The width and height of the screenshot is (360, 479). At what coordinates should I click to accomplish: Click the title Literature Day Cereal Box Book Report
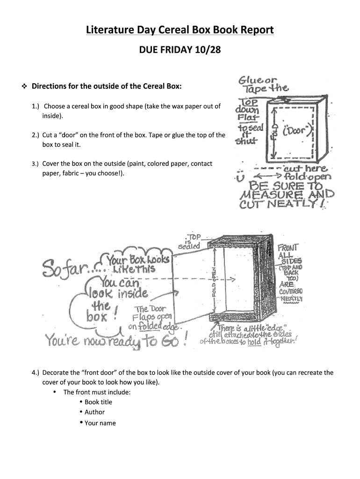(x=180, y=30)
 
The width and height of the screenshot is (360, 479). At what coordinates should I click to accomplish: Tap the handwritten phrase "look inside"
(x=118, y=294)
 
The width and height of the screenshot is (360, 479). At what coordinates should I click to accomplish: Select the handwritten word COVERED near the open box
(x=290, y=291)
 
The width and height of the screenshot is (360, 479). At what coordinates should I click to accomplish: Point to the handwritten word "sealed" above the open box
(x=189, y=246)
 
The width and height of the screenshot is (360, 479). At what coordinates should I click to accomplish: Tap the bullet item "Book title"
(x=98, y=402)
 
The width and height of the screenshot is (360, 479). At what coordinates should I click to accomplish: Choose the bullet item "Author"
(x=94, y=412)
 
